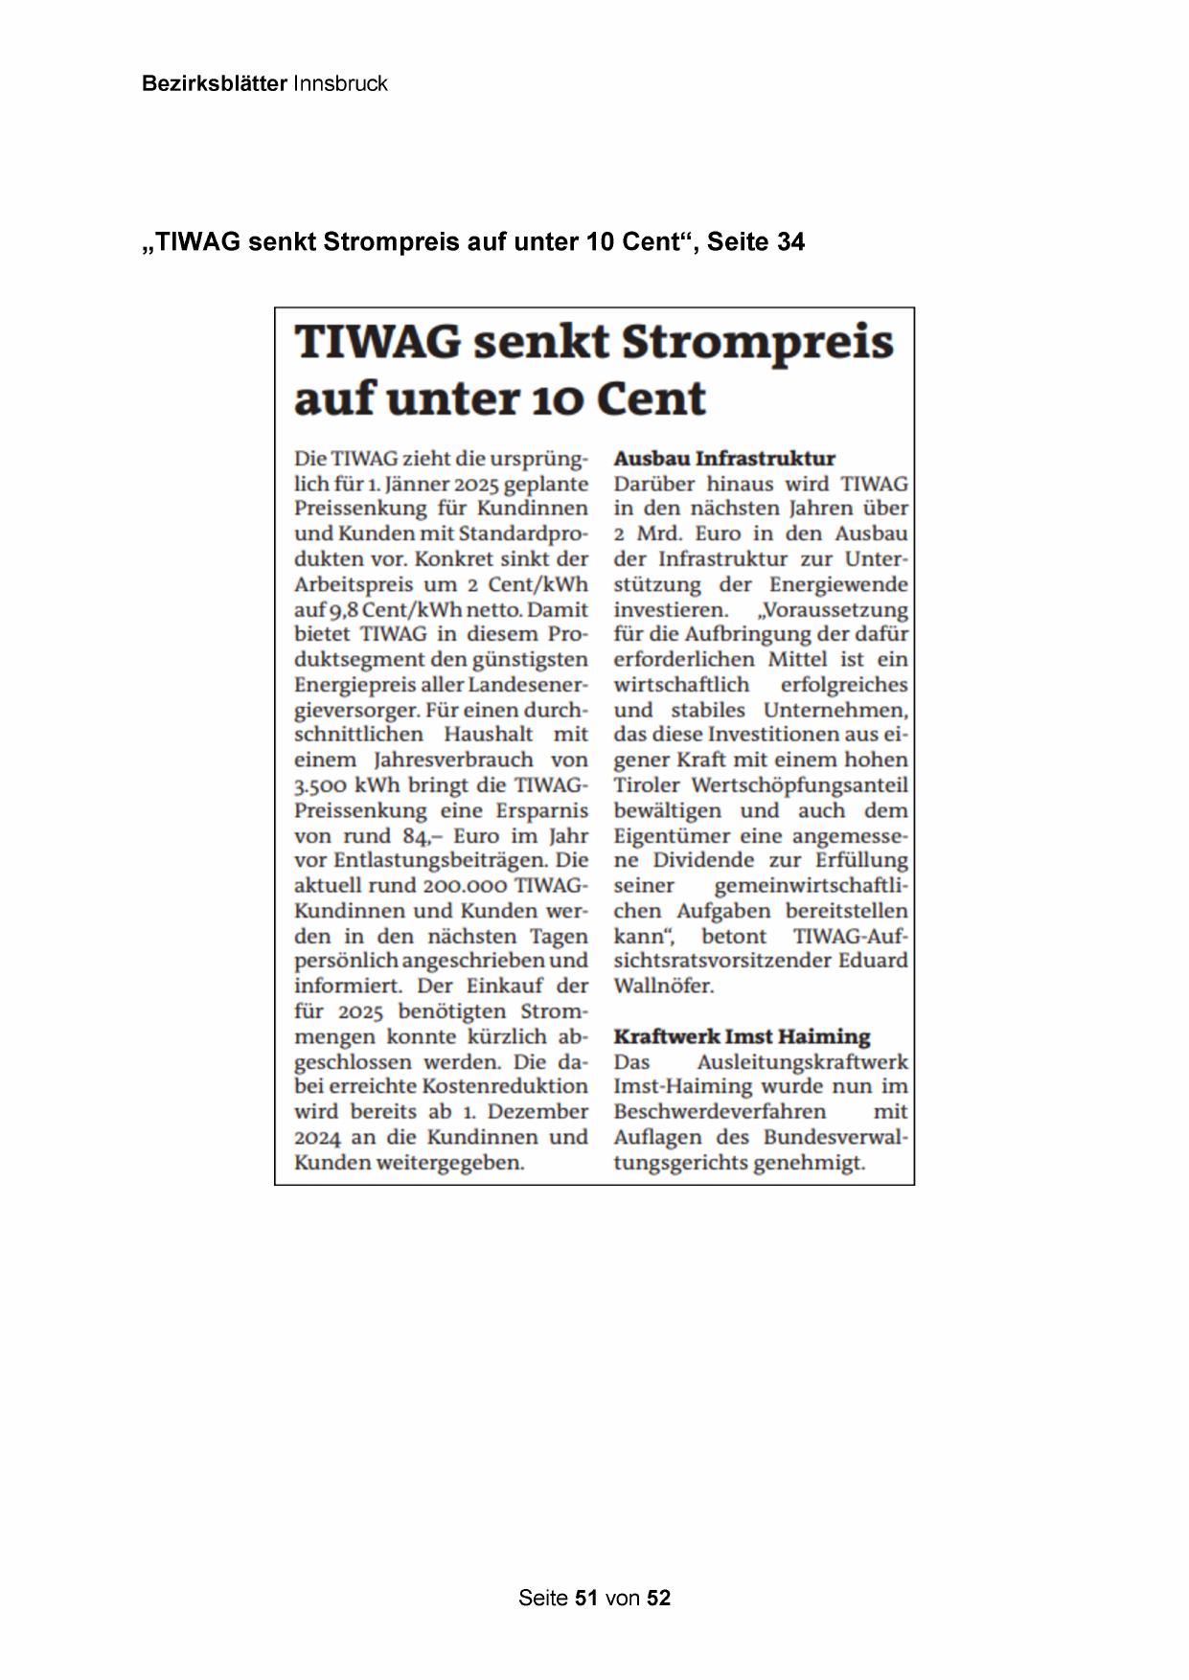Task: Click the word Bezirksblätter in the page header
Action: click(x=214, y=83)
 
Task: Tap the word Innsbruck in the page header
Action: click(x=340, y=83)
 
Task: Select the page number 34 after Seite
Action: click(x=790, y=242)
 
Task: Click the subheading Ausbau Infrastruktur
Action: click(x=724, y=458)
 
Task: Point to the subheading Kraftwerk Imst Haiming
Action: click(x=742, y=1036)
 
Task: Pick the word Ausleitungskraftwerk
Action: click(x=802, y=1061)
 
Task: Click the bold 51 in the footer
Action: click(x=586, y=1598)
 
